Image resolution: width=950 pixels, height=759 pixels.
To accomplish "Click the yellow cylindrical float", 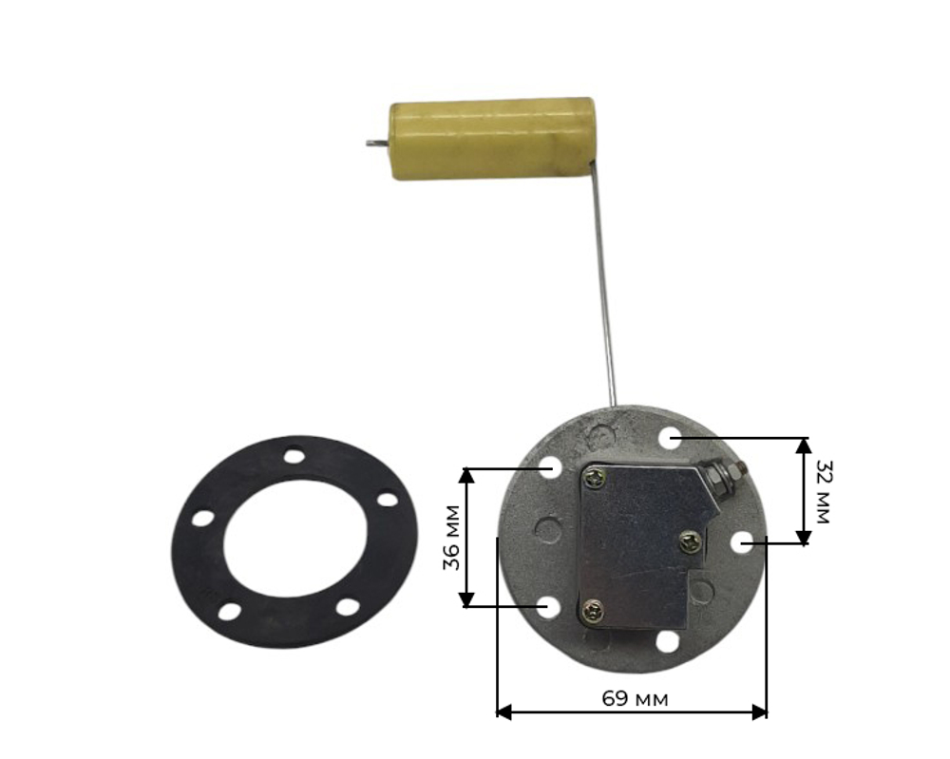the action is coord(492,138).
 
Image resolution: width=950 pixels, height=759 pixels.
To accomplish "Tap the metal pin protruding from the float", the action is coord(377,143).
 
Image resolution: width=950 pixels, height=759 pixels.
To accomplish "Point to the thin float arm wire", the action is coord(604,285).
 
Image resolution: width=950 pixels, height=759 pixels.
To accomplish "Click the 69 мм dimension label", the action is coord(635,699).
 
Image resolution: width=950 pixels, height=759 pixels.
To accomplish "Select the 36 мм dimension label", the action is coord(452,537).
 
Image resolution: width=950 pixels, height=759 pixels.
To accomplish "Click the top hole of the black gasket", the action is coord(294,455).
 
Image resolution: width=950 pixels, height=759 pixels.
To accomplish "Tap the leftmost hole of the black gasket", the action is coord(203,519).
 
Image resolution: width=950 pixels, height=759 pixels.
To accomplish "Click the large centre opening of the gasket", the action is coord(295,539).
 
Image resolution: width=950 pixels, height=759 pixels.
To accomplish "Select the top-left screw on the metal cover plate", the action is coord(593,479).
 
